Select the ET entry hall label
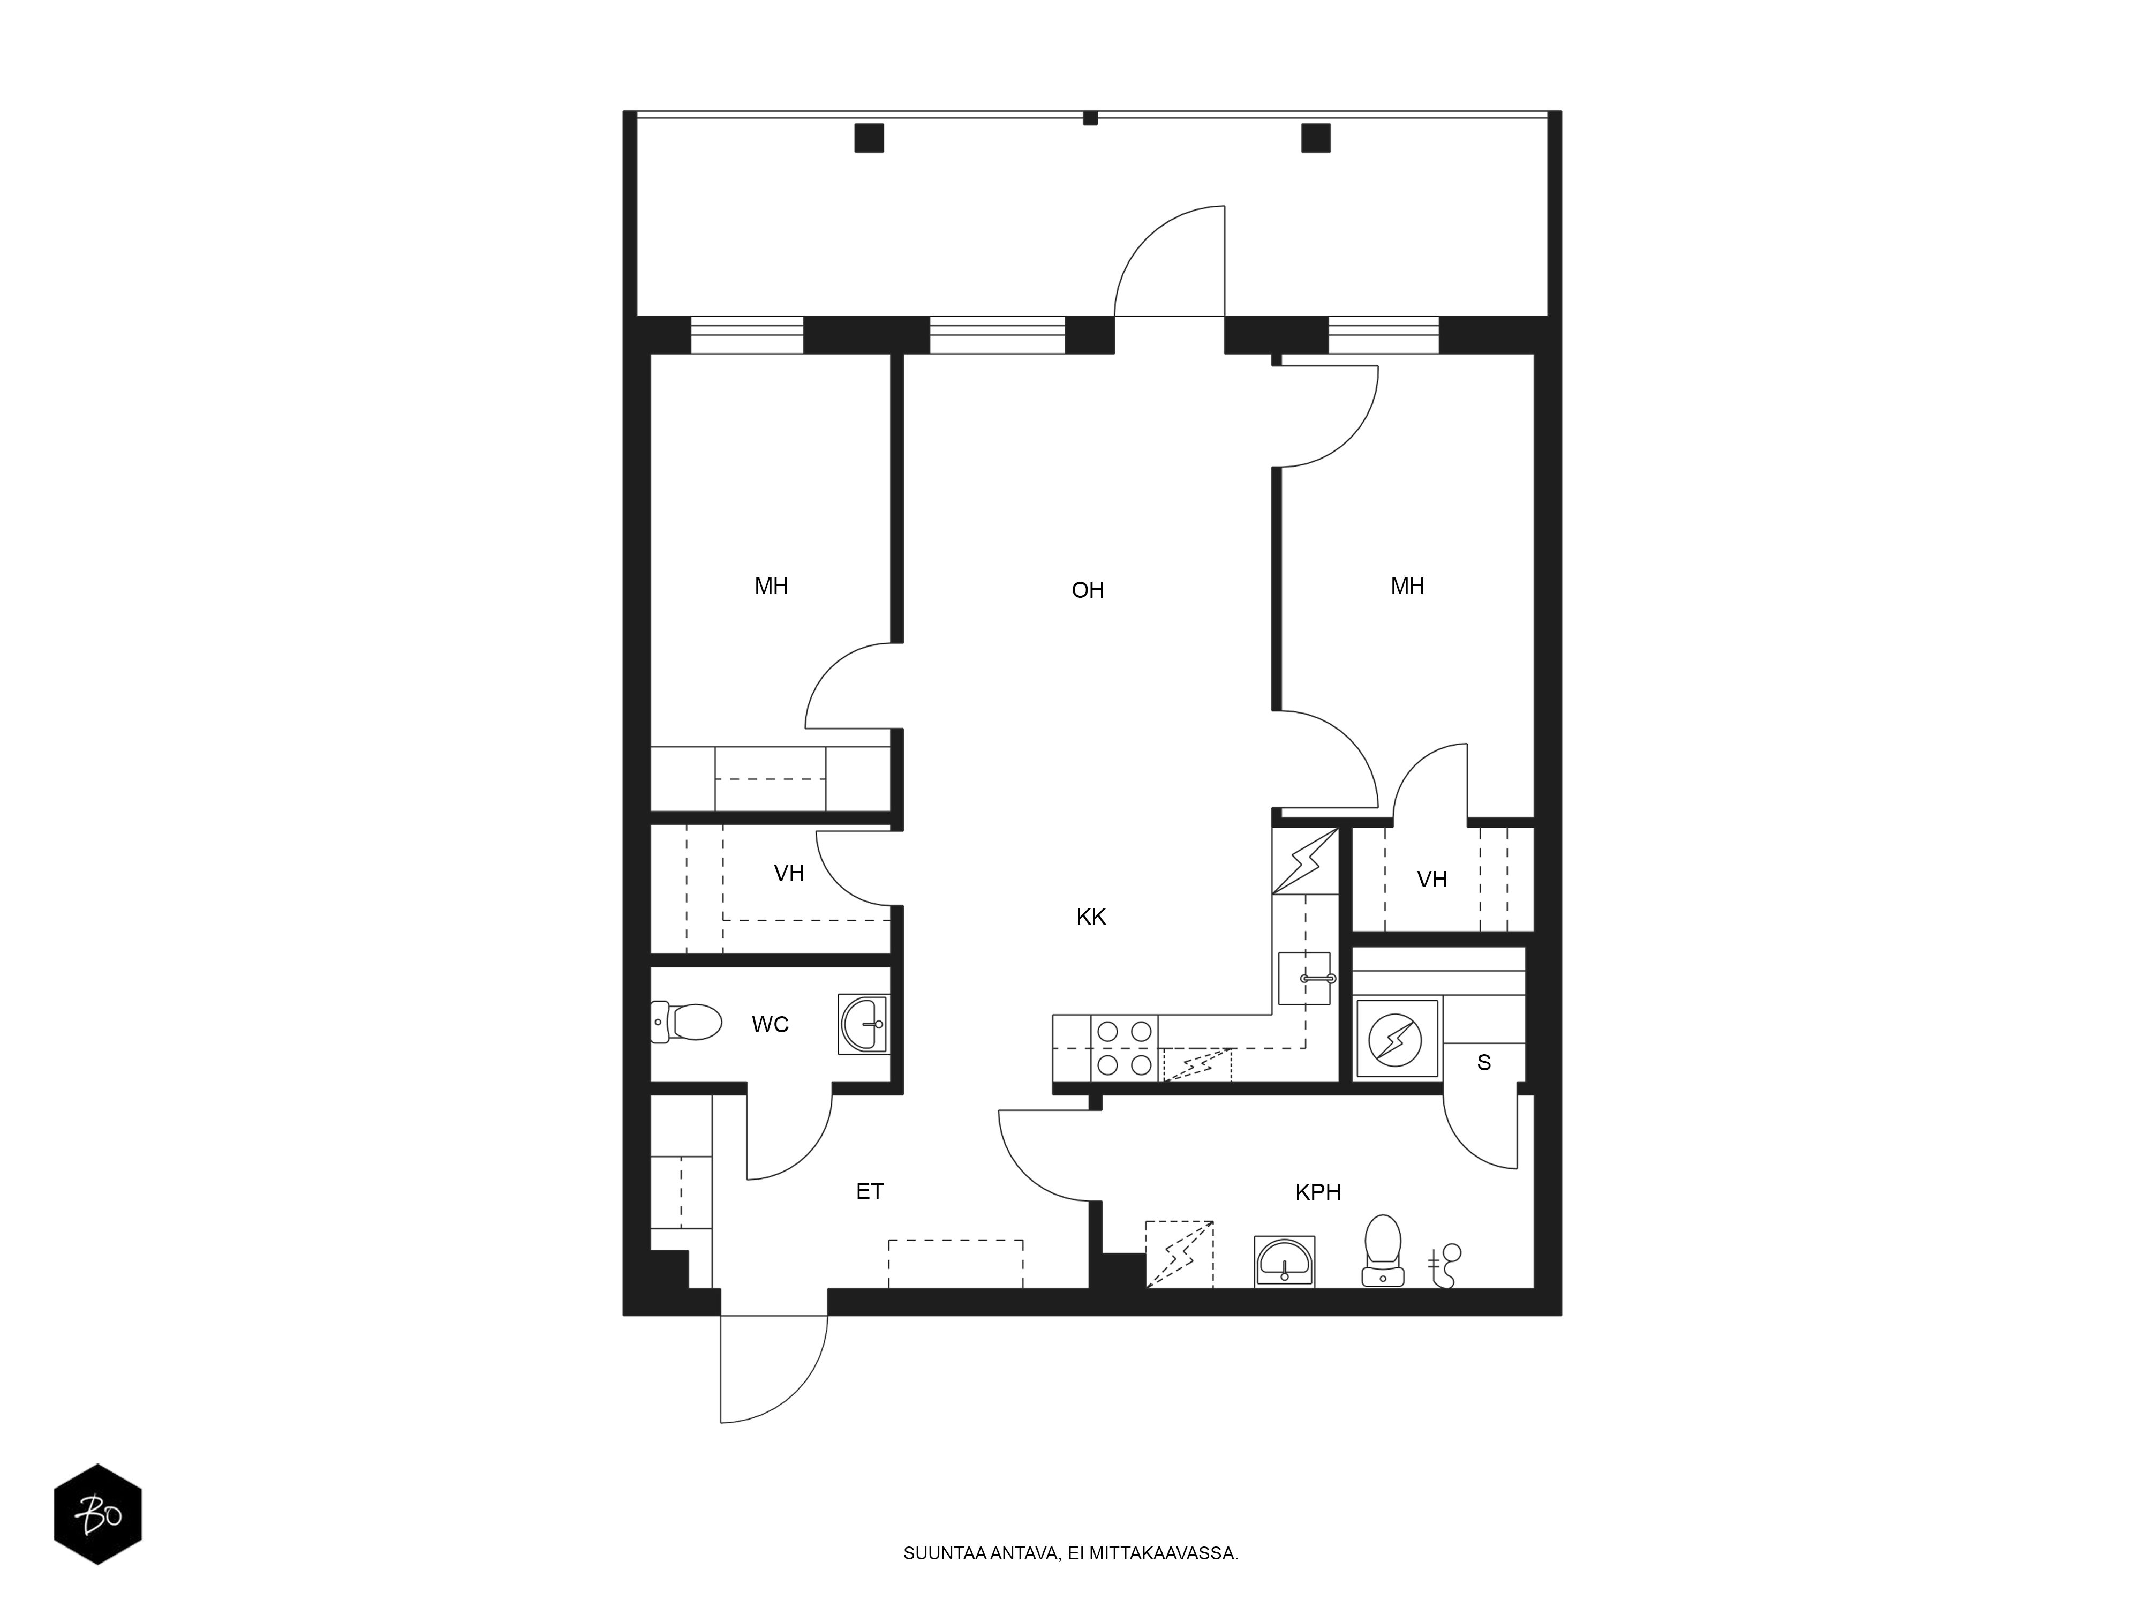click(870, 1190)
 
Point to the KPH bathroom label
click(1318, 1191)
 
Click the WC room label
click(770, 1024)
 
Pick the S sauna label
click(1483, 1063)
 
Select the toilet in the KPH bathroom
click(1383, 1250)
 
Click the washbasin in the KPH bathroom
click(1284, 1261)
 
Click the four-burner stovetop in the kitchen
click(1124, 1048)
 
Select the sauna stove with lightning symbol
click(1397, 1039)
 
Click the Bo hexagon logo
click(98, 1513)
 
